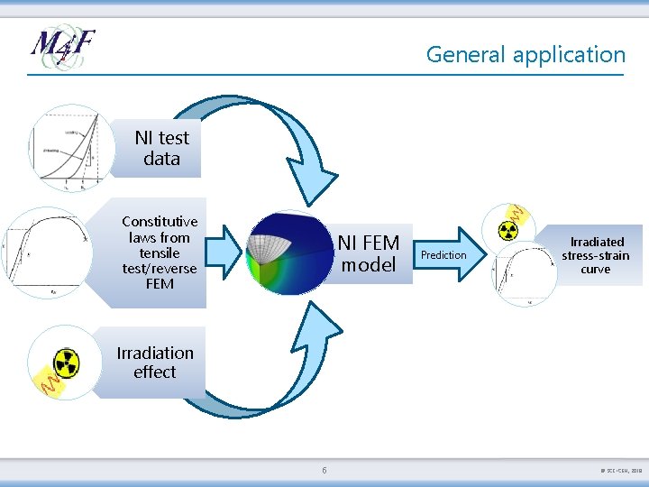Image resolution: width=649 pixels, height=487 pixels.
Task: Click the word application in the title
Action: tap(569, 55)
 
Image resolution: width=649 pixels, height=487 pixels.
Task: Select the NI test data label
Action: tap(161, 148)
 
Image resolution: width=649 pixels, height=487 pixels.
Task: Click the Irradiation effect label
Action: tap(154, 363)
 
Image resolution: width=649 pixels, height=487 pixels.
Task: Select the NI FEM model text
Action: tap(368, 253)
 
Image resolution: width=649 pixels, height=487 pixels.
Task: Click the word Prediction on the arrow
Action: tap(444, 255)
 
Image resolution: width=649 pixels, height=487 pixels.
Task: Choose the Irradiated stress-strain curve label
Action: tap(595, 255)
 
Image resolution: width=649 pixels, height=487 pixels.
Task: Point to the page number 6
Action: tap(324, 470)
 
